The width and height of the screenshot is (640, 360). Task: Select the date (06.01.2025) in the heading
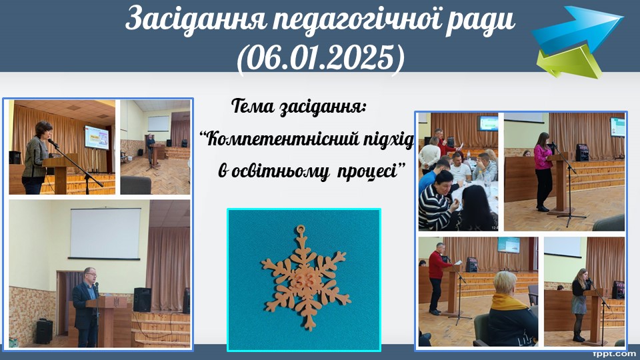coord(321,59)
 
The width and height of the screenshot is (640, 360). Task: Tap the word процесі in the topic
coord(367,171)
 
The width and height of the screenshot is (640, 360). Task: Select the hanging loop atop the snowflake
coord(301,229)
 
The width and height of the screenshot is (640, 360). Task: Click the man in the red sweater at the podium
coord(436,277)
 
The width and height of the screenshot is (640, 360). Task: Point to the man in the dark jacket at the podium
coord(87,306)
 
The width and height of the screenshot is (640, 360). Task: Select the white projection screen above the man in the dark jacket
coord(105,233)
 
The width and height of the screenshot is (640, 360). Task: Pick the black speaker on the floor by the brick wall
coord(44,331)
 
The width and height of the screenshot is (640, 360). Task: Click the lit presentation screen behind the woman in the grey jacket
coord(97,137)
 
